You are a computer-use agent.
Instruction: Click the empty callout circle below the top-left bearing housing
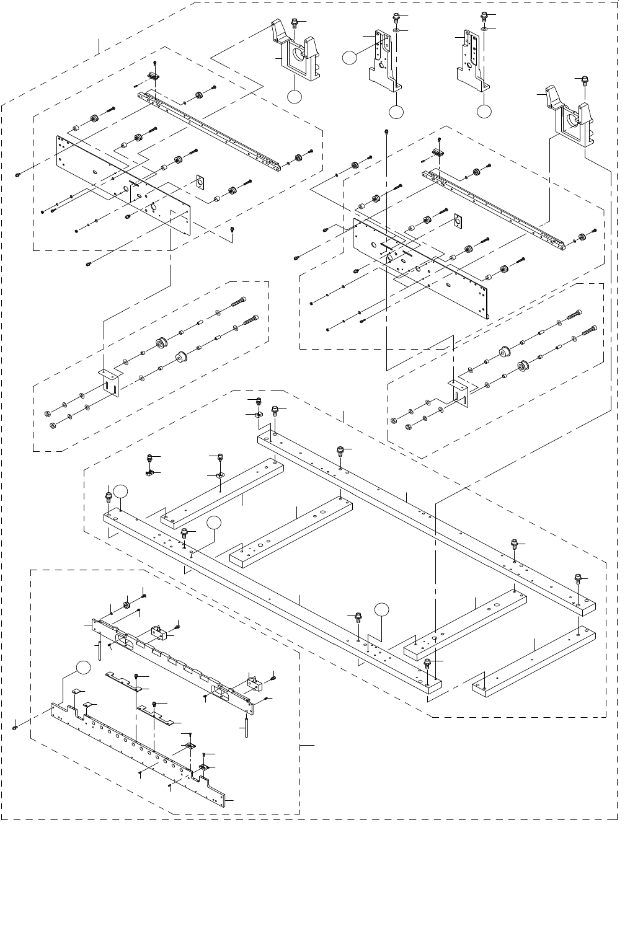[295, 97]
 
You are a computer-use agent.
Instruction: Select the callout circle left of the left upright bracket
[350, 58]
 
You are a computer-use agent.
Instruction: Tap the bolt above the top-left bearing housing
[295, 23]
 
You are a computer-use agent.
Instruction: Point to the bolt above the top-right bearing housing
[584, 79]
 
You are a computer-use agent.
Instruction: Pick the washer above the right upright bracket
[484, 29]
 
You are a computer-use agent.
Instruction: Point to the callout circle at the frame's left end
[123, 491]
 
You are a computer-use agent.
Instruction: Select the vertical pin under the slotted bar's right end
[247, 727]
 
